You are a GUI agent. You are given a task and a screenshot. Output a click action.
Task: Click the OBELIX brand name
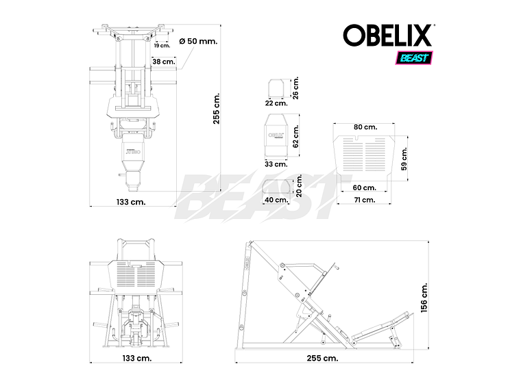(x=388, y=36)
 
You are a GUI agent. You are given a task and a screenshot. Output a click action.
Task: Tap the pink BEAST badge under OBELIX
(x=412, y=57)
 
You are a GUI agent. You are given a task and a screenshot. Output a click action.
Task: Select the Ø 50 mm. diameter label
(x=198, y=41)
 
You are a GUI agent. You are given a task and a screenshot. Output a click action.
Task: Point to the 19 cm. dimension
(x=162, y=45)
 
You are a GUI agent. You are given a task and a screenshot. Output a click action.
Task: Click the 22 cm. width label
(x=276, y=103)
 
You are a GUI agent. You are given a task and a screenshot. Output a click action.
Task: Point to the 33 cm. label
(x=276, y=164)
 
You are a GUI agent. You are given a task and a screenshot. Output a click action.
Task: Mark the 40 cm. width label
(x=276, y=200)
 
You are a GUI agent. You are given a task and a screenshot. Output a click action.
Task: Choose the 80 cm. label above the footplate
(x=365, y=127)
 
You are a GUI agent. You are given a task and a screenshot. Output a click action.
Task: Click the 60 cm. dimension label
(x=365, y=187)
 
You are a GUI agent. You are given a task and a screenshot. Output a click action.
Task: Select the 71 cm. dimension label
(x=363, y=200)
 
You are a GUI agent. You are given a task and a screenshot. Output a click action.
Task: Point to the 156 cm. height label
(x=424, y=298)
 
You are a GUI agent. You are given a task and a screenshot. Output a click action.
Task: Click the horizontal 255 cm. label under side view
(x=322, y=358)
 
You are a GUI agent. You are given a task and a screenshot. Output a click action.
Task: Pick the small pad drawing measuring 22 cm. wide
(x=276, y=87)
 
